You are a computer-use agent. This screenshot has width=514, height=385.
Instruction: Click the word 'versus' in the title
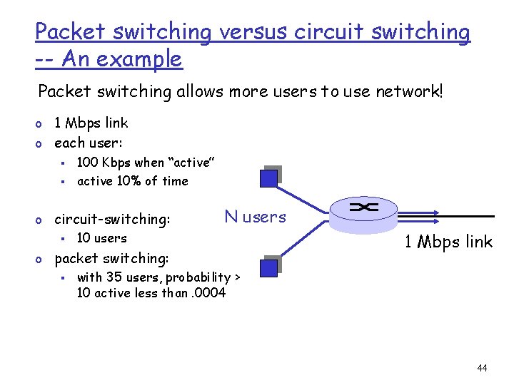tap(251, 33)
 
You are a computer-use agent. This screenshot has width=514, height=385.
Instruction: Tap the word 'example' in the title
tap(143, 59)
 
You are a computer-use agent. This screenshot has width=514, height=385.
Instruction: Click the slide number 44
tap(482, 368)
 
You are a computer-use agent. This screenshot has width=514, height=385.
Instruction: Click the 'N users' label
tap(255, 217)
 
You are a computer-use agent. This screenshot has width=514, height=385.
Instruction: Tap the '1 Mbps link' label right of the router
tap(448, 242)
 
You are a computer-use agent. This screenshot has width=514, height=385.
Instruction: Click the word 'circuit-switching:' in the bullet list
tap(112, 220)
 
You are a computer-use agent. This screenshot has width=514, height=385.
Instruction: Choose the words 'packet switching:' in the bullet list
tap(111, 258)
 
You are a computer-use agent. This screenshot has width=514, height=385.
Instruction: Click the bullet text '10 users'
tap(101, 238)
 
